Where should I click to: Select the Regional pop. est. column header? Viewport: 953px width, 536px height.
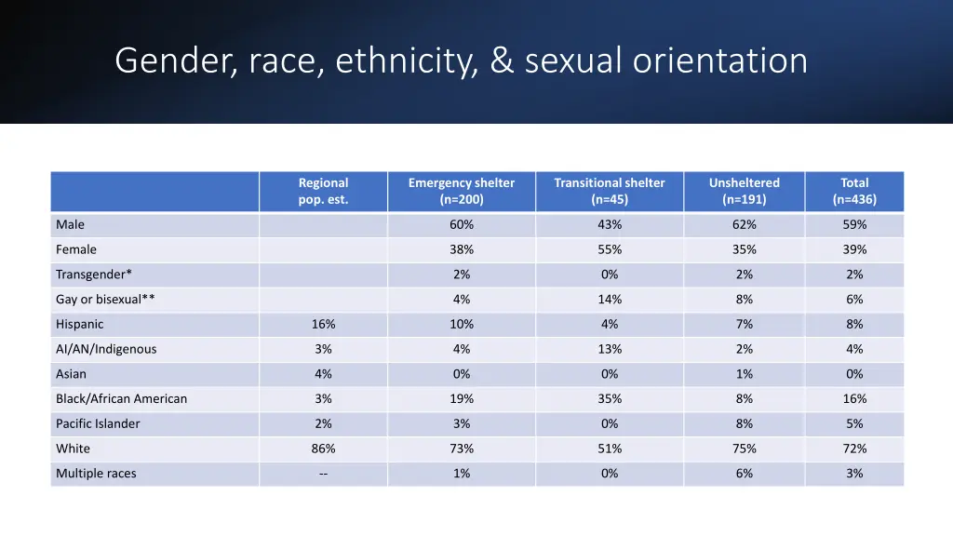[323, 191]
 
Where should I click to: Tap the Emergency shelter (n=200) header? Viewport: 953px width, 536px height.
[461, 191]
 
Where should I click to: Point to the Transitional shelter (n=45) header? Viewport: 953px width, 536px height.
[610, 191]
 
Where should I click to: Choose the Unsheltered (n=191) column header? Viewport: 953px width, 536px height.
[744, 191]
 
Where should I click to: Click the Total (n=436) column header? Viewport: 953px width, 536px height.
[854, 191]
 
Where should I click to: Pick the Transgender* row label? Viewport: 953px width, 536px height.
[93, 275]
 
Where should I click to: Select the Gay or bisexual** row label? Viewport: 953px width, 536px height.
[104, 300]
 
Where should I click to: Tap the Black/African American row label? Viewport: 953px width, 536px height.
[121, 399]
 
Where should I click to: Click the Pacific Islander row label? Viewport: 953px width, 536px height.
[98, 423]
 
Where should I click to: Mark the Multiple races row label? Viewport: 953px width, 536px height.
[96, 474]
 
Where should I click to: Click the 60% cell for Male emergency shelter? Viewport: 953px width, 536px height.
[462, 224]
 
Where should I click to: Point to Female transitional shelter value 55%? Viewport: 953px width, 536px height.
[610, 249]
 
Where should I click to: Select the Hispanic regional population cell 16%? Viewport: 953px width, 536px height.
[323, 324]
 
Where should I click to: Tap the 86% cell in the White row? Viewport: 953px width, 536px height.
[323, 449]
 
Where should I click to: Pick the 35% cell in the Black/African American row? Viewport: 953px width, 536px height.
[610, 399]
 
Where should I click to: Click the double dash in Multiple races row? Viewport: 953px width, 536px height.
[323, 474]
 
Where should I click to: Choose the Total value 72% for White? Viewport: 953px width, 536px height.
[854, 449]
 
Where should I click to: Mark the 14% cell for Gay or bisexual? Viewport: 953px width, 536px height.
[610, 300]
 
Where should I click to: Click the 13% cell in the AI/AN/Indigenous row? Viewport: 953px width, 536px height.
[610, 349]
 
